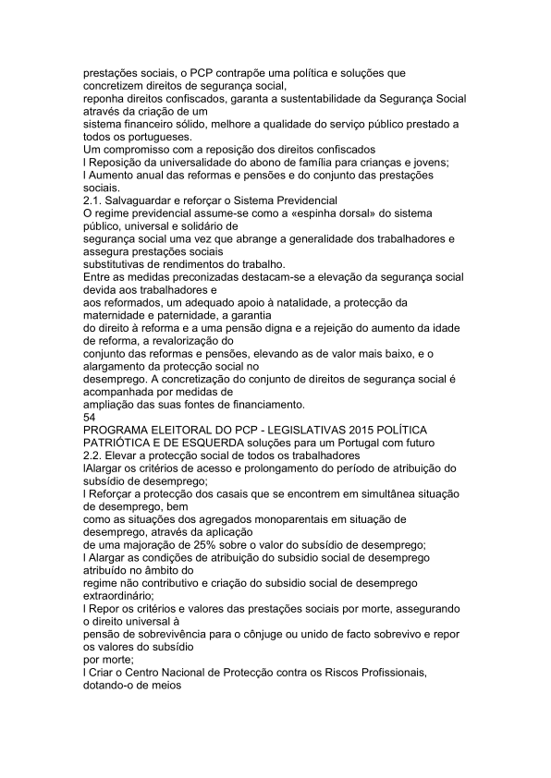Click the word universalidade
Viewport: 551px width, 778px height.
point(189,162)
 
